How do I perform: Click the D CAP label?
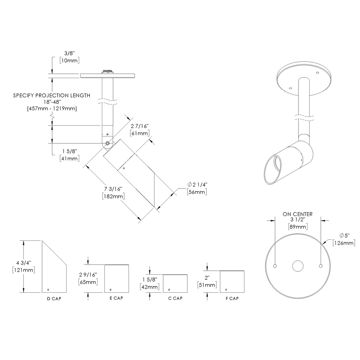click(x=54, y=298)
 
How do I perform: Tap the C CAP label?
click(x=175, y=298)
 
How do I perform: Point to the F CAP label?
click(x=232, y=298)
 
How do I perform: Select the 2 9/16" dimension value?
click(x=87, y=275)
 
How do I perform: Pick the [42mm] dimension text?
click(x=149, y=287)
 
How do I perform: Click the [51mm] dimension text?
click(x=207, y=285)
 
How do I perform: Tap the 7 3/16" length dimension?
click(x=113, y=189)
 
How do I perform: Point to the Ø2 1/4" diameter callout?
click(x=197, y=184)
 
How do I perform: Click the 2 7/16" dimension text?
click(x=139, y=126)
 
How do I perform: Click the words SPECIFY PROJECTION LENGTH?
click(x=51, y=95)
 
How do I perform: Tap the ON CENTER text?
click(x=297, y=214)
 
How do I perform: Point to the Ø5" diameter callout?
click(x=345, y=235)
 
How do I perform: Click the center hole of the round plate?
click(x=298, y=266)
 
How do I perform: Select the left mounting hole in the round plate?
click(x=275, y=266)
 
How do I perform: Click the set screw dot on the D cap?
click(x=48, y=288)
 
